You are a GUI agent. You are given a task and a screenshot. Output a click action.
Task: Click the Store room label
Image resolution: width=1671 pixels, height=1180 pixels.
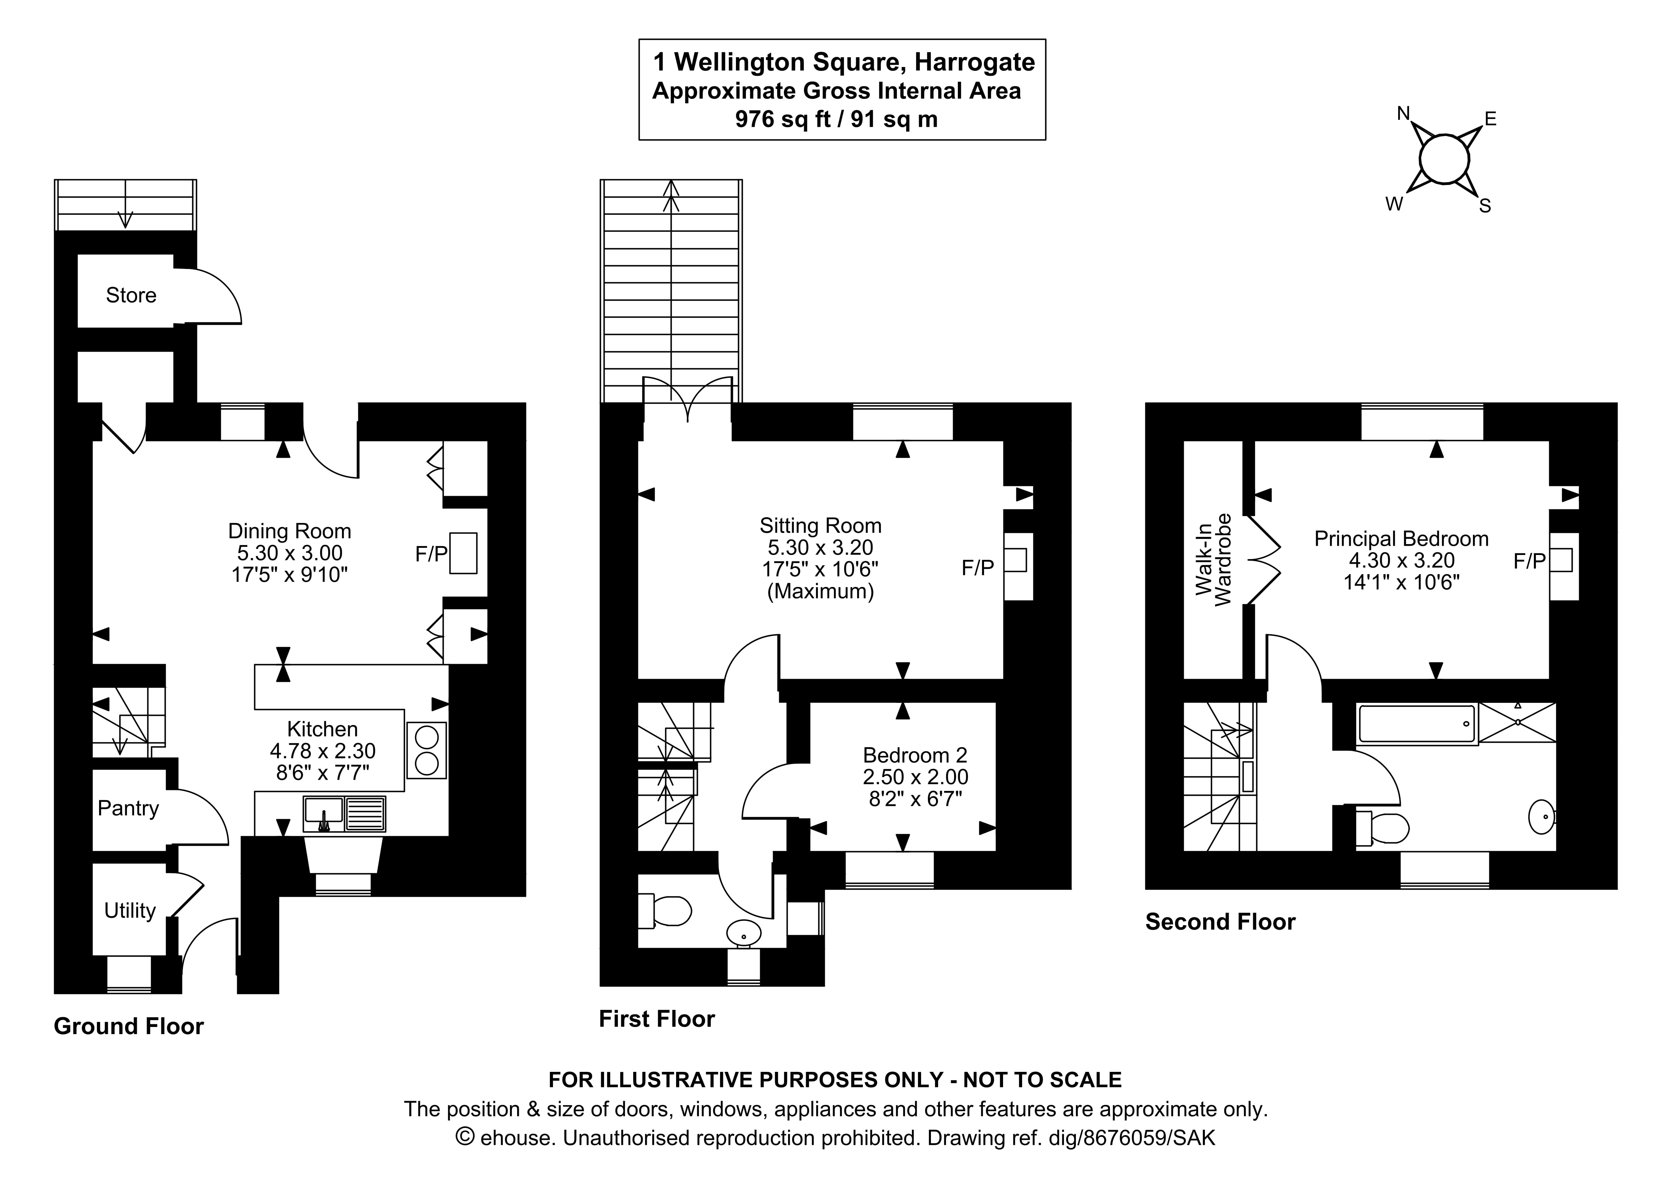pyautogui.click(x=131, y=296)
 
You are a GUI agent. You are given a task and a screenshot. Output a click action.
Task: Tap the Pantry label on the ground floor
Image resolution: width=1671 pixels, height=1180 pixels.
pyautogui.click(x=128, y=808)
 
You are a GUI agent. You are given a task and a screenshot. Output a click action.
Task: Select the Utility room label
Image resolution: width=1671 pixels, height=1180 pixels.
pyautogui.click(x=130, y=911)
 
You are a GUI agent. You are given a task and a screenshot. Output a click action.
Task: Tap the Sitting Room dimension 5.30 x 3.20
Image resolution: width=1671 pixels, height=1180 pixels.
pyautogui.click(x=820, y=547)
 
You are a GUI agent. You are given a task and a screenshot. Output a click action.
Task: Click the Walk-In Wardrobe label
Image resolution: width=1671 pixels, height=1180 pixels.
pyautogui.click(x=1213, y=560)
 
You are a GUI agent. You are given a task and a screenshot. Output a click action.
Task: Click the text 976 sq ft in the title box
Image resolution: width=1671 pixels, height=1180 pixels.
pyautogui.click(x=782, y=119)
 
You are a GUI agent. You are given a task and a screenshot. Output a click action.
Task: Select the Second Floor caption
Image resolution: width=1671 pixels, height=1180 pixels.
pyautogui.click(x=1220, y=922)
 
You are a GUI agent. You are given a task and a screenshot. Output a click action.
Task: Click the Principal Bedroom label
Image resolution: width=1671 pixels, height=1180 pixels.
pyautogui.click(x=1401, y=539)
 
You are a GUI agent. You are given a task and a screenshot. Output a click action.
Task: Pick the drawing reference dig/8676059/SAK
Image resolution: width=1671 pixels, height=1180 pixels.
pyautogui.click(x=1132, y=1138)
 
